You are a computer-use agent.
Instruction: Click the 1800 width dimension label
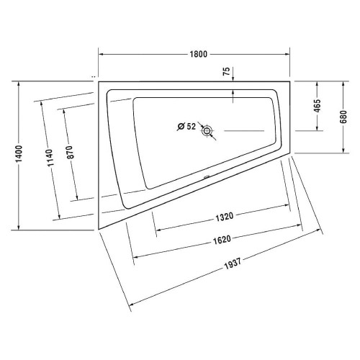194,53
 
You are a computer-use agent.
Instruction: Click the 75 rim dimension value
227,71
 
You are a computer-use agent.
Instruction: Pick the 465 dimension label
318,106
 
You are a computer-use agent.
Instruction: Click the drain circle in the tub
208,131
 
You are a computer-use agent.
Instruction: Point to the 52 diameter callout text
191,127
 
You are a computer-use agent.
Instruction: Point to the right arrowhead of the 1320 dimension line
290,210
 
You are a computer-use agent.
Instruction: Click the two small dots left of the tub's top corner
94,76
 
